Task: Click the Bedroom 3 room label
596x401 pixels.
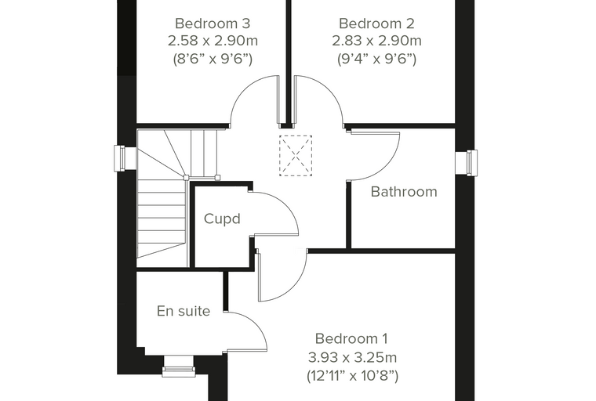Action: coord(213,23)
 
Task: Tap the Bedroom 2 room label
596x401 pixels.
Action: coord(376,23)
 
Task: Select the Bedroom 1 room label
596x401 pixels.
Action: coord(351,338)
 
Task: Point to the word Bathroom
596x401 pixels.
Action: coord(404,192)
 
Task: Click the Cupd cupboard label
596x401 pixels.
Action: coord(222,219)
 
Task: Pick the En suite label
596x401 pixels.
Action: coord(184,311)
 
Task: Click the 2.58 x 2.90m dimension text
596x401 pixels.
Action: coord(213,40)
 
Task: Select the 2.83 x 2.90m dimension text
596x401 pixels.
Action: coord(376,40)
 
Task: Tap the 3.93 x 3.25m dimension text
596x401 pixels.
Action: coord(352,357)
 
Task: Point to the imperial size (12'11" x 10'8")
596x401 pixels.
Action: coord(352,376)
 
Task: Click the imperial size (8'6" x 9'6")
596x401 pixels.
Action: coord(213,59)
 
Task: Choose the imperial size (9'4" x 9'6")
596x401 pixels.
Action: coord(376,59)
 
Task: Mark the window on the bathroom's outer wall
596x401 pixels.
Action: coord(467,163)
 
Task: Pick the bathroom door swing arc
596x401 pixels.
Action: coord(388,166)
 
